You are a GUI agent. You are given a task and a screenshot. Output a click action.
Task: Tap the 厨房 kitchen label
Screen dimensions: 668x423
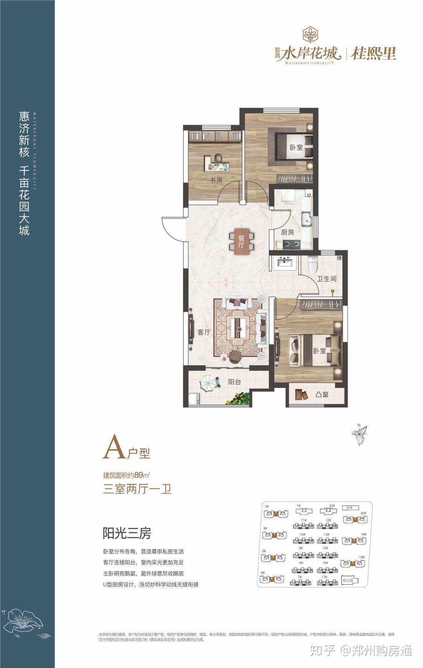pos(287,232)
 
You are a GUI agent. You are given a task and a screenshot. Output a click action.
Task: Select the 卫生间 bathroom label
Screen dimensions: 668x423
pos(327,279)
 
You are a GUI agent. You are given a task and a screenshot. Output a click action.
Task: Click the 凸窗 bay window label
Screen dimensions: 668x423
pos(322,395)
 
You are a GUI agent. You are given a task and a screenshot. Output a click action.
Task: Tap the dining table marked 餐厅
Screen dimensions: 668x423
pos(241,242)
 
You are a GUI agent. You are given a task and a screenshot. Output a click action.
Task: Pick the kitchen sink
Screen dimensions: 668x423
pos(306,218)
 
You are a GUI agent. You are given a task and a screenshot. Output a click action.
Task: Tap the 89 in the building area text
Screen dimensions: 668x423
pos(138,475)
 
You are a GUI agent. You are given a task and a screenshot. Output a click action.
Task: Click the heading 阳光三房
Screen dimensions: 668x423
pos(127,533)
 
